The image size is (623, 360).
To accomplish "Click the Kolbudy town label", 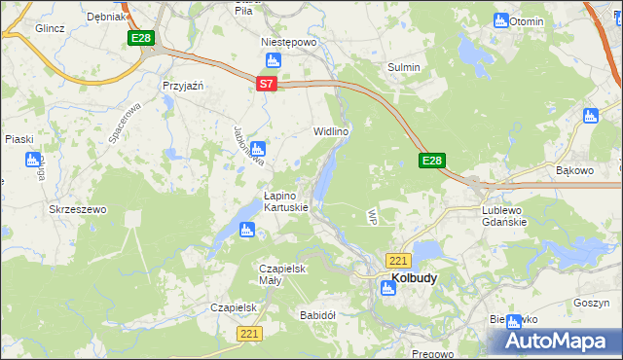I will (414, 277).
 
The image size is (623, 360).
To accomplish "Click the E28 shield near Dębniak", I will (141, 38).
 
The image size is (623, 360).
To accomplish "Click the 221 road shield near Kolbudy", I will (398, 261).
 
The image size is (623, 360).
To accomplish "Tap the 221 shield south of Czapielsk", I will (250, 334).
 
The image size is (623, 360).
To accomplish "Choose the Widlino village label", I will (330, 129).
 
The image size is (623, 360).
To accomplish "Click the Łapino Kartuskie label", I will (286, 201).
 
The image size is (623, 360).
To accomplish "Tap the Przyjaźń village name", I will (182, 86).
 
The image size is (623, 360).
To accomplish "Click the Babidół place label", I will (317, 315).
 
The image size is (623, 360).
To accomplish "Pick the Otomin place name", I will (526, 20).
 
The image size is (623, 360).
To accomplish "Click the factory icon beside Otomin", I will (501, 20).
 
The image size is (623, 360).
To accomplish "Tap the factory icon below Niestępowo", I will (274, 60).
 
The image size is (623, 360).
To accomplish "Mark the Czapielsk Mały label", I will (283, 274).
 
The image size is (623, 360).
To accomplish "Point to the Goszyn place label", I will (591, 303).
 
